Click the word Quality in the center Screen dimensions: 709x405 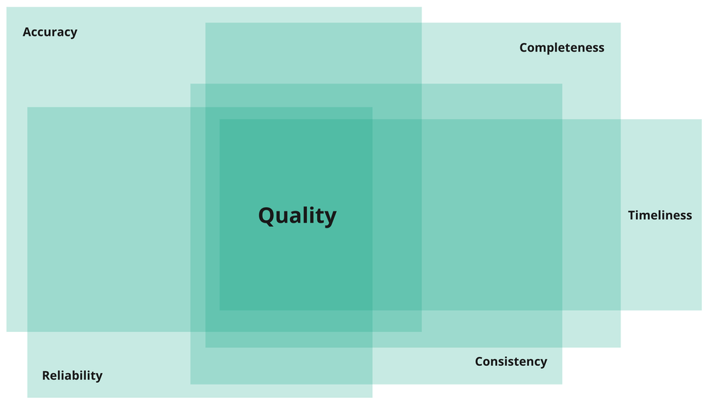click(x=297, y=216)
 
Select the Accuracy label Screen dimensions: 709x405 click(x=50, y=32)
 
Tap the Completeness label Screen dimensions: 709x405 click(x=562, y=48)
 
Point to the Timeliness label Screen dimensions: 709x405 click(x=659, y=215)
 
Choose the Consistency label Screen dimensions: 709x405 click(x=510, y=362)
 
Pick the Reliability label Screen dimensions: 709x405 click(x=72, y=375)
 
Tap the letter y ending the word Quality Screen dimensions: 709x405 click(x=330, y=218)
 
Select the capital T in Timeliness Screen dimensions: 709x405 click(x=632, y=215)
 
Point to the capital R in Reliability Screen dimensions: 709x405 click(x=46, y=375)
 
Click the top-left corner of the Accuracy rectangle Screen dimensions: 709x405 click(x=7, y=8)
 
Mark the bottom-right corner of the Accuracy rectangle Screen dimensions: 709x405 click(x=421, y=331)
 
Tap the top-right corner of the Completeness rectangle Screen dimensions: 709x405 click(x=620, y=23)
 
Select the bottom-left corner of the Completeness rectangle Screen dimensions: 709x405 click(x=206, y=347)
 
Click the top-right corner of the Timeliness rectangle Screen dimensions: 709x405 click(x=701, y=120)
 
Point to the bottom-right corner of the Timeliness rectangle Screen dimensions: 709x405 click(x=701, y=310)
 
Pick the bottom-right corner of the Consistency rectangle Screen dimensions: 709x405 click(x=562, y=384)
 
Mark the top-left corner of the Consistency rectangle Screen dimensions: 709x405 click(x=191, y=84)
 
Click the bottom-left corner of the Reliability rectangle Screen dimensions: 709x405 click(x=28, y=397)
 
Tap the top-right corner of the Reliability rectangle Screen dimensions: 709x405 click(x=372, y=108)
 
